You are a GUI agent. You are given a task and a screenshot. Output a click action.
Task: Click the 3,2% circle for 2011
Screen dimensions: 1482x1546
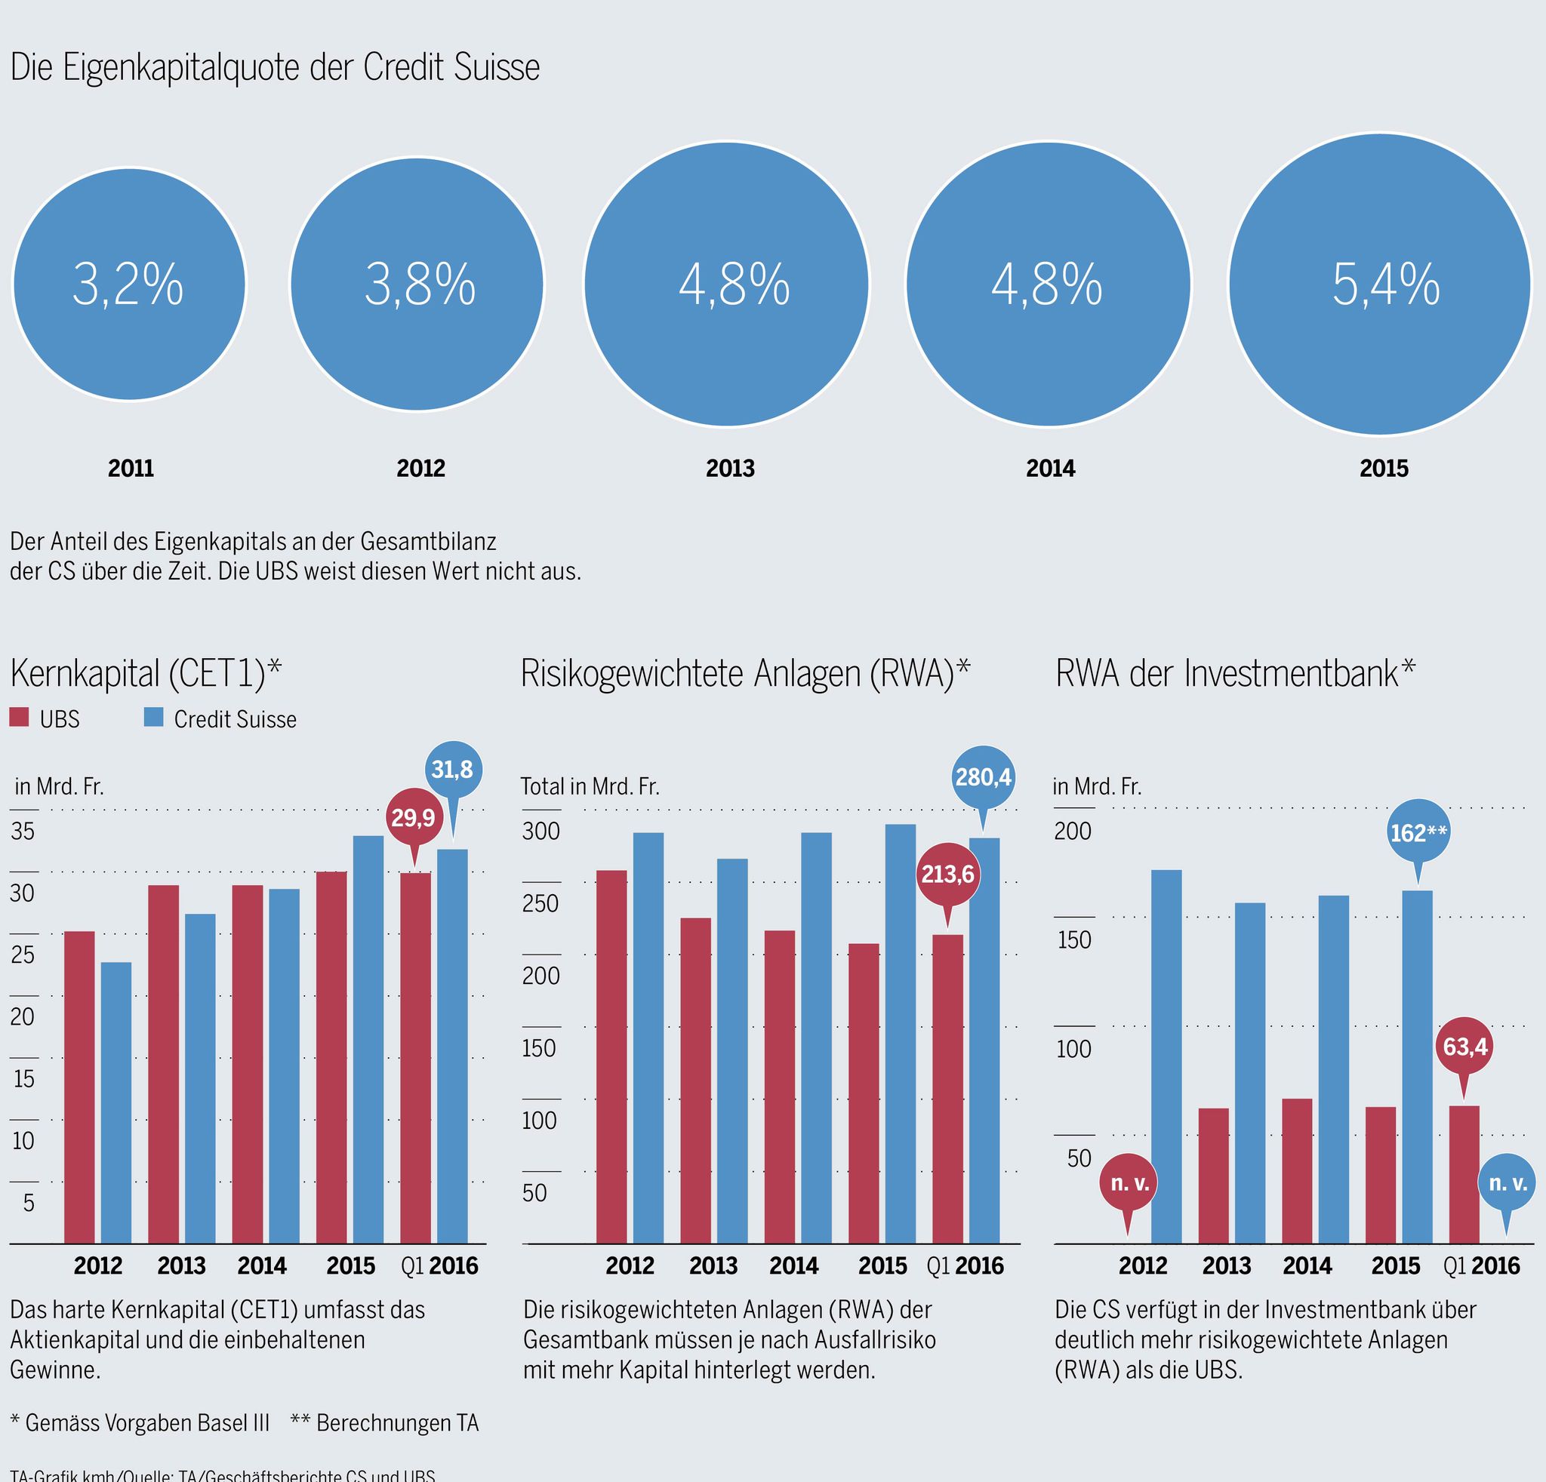tap(129, 284)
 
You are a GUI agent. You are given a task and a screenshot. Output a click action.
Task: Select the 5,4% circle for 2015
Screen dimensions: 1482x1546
tap(1380, 284)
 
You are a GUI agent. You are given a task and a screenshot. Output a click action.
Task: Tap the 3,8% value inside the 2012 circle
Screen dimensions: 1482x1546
tap(420, 284)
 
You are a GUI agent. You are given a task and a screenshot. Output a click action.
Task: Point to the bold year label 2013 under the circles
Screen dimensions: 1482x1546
tap(730, 469)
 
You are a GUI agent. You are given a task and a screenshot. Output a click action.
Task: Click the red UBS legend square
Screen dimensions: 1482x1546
tap(20, 718)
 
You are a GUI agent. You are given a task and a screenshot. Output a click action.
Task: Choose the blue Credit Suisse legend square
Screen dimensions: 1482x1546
tap(154, 718)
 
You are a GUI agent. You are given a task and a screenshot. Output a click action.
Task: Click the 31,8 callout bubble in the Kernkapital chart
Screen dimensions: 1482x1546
tap(453, 770)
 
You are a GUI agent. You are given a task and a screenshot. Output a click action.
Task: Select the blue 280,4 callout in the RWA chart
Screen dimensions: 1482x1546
tap(983, 778)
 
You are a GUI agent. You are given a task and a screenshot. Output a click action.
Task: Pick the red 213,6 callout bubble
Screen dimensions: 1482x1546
tap(947, 875)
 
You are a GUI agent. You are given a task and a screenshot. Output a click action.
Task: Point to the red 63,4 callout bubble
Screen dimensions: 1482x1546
tap(1464, 1047)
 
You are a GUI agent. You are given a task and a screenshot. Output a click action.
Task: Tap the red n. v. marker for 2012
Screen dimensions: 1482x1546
tap(1129, 1183)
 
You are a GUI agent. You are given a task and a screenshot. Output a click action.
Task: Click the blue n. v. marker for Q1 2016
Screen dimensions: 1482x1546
tap(1508, 1183)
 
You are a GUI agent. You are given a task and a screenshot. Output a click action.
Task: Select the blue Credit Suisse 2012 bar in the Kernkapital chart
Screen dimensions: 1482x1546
tap(116, 1104)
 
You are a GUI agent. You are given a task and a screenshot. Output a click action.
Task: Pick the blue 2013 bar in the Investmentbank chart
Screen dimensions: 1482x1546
tap(1249, 1072)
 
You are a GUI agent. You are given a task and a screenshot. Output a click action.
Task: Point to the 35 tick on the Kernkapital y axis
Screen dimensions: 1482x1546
tap(23, 831)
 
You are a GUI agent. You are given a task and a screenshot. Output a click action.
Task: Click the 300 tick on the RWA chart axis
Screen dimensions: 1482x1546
tap(541, 831)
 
